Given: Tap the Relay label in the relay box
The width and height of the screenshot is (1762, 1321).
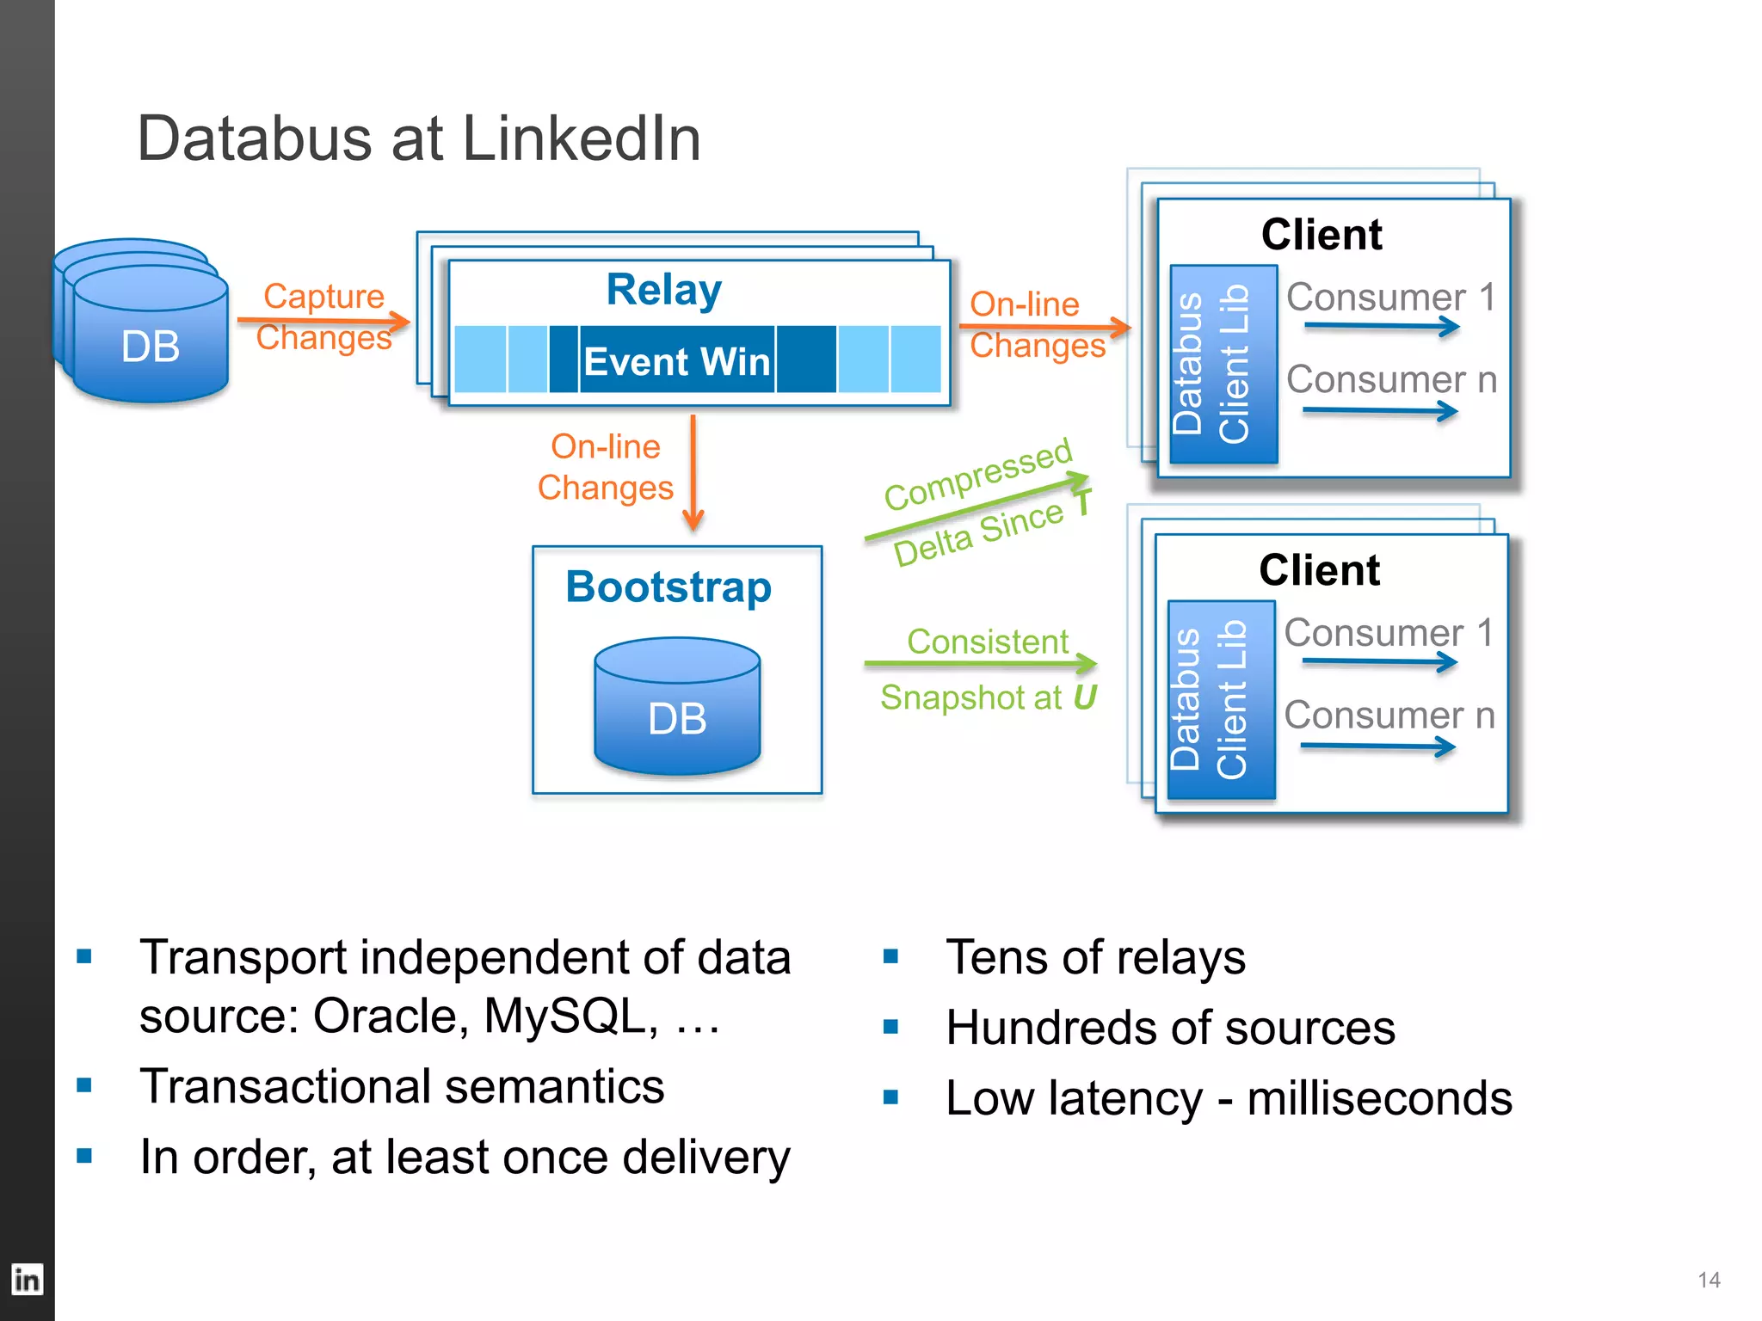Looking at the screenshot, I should [663, 290].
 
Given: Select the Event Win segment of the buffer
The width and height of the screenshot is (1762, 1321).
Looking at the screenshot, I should [676, 360].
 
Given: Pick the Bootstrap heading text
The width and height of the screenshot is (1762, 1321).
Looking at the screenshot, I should [668, 587].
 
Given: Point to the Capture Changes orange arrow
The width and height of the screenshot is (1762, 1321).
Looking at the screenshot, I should [323, 322].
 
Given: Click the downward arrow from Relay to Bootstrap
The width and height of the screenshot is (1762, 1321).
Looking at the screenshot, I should [693, 473].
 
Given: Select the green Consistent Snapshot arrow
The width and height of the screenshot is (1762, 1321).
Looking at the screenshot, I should [980, 663].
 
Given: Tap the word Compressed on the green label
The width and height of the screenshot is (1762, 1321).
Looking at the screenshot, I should [977, 474].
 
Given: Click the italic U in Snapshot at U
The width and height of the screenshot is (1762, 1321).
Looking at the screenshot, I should [1084, 697].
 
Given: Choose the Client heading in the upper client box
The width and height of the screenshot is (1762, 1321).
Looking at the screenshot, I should [1321, 235].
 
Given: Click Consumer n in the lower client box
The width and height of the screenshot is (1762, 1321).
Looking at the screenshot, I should [1389, 716].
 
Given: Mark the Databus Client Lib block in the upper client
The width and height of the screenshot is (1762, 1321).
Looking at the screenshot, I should [1223, 365].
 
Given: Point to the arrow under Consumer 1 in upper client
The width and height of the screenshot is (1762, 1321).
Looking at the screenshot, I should [1382, 326].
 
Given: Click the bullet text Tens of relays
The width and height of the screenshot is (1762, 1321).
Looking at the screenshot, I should [1095, 957].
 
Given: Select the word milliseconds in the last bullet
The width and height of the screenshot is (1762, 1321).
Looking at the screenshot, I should [1379, 1098].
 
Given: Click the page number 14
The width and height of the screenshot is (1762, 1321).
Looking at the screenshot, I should [1709, 1280].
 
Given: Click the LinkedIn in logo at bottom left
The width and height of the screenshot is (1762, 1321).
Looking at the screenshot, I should [27, 1280].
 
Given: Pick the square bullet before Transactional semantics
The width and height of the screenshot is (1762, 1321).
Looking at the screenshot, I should [84, 1085].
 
